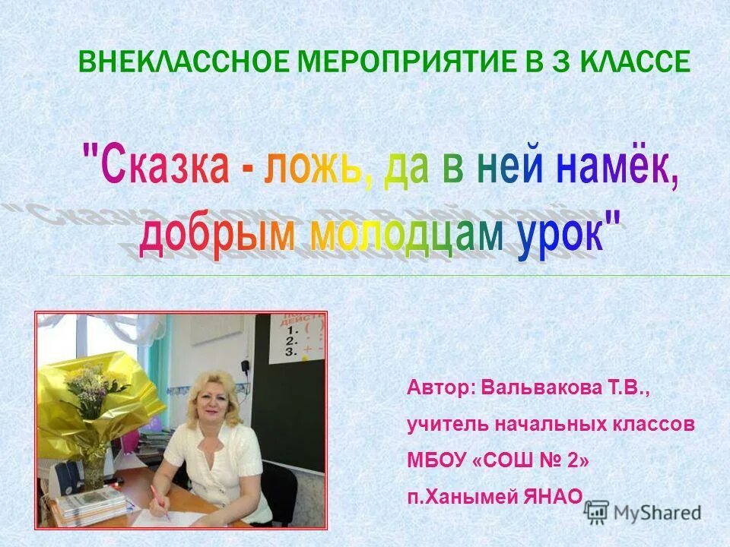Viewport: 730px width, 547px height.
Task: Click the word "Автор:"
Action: tap(441, 388)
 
